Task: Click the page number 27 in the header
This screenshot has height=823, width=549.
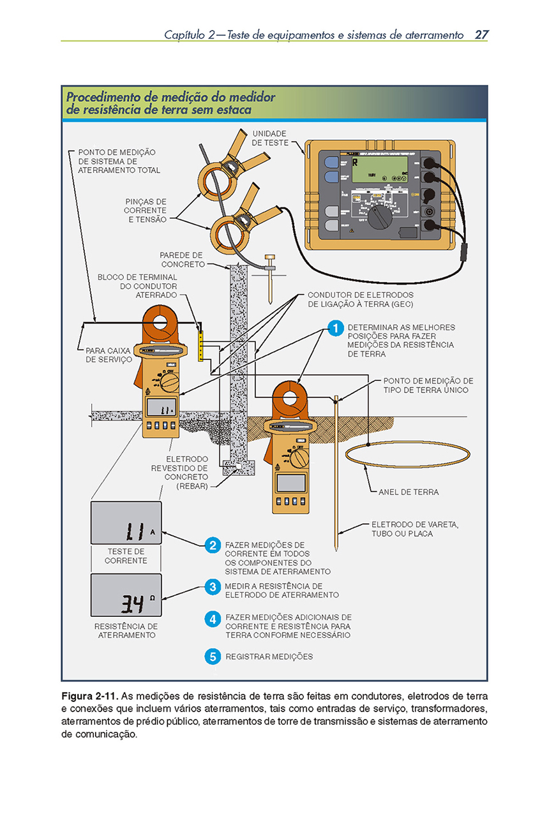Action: click(x=481, y=34)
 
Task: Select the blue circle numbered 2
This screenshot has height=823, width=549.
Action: click(x=213, y=545)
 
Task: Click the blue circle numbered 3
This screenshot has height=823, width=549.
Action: click(x=213, y=587)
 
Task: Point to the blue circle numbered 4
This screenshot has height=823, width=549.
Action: click(x=213, y=619)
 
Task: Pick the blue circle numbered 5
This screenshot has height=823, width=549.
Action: click(x=213, y=656)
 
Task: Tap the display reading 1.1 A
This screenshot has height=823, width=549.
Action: click(x=126, y=523)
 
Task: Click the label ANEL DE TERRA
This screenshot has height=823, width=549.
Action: click(x=409, y=493)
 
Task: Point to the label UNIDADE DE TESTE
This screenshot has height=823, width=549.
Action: click(x=269, y=138)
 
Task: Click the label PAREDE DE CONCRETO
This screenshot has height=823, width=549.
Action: click(x=182, y=260)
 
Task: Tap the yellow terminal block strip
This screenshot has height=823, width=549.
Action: click(x=200, y=345)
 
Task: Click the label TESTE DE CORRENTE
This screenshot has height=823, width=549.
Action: click(x=126, y=556)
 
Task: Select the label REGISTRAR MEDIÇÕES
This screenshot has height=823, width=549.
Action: click(x=269, y=656)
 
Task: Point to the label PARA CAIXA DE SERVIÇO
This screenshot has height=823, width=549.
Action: click(x=109, y=355)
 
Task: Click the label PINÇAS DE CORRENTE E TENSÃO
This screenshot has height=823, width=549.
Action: click(x=145, y=211)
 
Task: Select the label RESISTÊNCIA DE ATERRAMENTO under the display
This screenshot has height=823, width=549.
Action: click(x=126, y=631)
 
